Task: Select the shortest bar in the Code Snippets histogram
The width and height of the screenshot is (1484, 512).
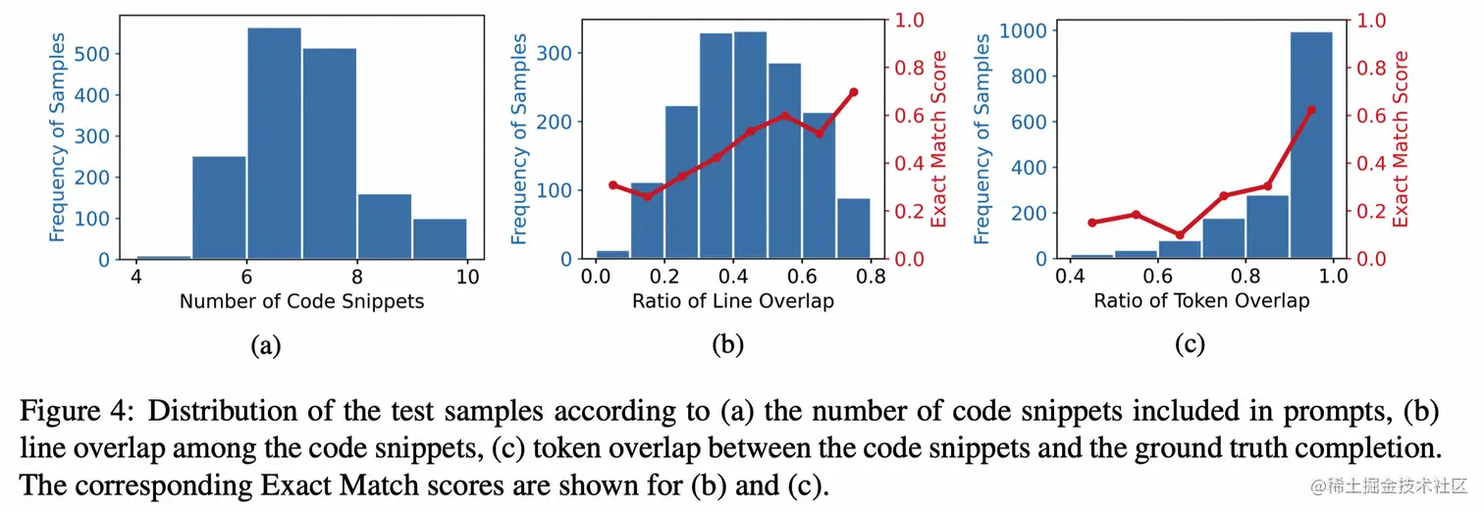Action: point(163,257)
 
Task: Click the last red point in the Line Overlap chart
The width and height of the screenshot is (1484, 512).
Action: point(854,92)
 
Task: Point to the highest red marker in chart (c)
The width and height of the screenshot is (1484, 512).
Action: point(1311,110)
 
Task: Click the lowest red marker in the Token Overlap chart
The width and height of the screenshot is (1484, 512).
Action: point(1180,235)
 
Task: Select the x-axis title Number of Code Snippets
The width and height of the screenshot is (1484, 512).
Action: point(301,301)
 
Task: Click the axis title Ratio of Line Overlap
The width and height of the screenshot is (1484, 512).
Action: point(733,301)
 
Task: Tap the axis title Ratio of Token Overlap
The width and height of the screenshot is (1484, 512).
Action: point(1201,301)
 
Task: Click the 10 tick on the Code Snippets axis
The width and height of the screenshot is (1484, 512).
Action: point(468,277)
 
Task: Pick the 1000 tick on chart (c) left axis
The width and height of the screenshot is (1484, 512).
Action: point(1023,30)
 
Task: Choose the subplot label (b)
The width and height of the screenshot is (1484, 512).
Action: point(728,344)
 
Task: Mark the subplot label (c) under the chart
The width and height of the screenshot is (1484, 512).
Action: point(1189,344)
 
